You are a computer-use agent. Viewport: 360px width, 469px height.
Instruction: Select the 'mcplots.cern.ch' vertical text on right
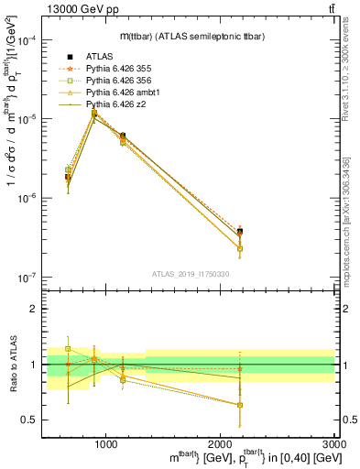point(352,220)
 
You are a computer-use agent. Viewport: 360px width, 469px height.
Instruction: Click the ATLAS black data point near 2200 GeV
point(239,232)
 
